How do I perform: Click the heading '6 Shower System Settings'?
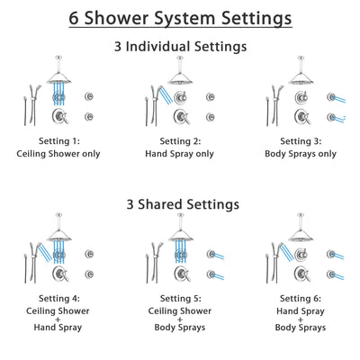pyautogui.click(x=180, y=18)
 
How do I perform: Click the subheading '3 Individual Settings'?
pyautogui.click(x=180, y=46)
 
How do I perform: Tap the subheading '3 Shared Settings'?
pyautogui.click(x=180, y=204)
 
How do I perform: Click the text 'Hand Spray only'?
pyautogui.click(x=180, y=154)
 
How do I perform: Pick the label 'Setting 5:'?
pyautogui.click(x=180, y=300)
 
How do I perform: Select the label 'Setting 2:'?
pyautogui.click(x=180, y=141)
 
